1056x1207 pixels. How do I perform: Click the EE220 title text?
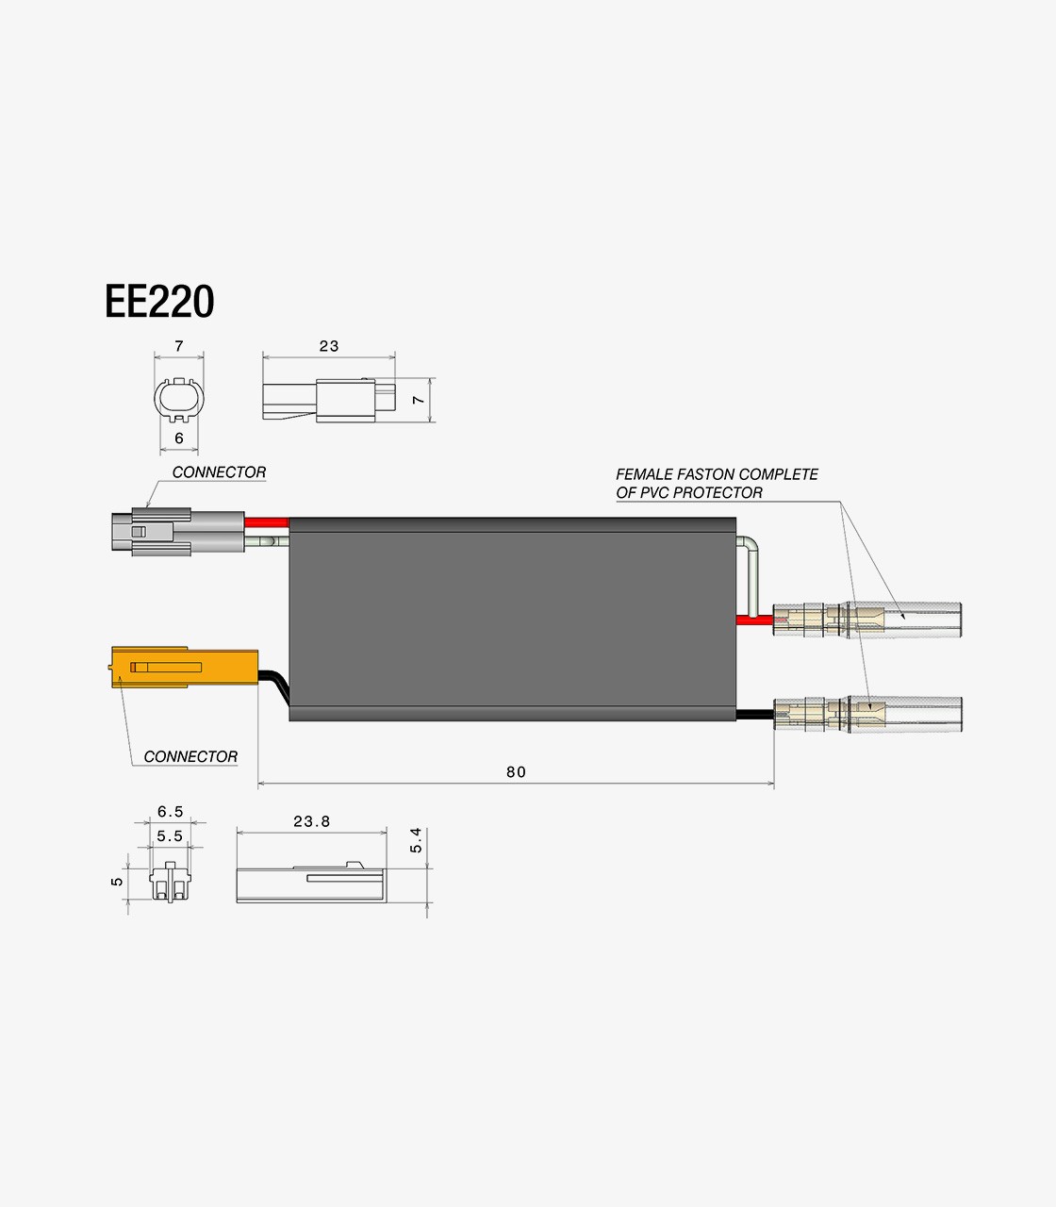click(x=159, y=302)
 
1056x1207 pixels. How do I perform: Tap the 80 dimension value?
click(x=516, y=772)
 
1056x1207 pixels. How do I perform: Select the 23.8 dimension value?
click(x=311, y=821)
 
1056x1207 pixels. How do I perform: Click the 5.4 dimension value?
click(x=416, y=840)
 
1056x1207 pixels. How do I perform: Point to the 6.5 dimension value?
click(x=171, y=812)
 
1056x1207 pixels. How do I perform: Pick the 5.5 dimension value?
click(x=170, y=835)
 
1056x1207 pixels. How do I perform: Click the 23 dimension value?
click(x=329, y=346)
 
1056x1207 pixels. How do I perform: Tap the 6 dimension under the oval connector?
click(x=179, y=438)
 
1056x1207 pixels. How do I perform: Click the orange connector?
click(x=185, y=668)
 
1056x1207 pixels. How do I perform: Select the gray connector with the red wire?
click(x=178, y=532)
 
